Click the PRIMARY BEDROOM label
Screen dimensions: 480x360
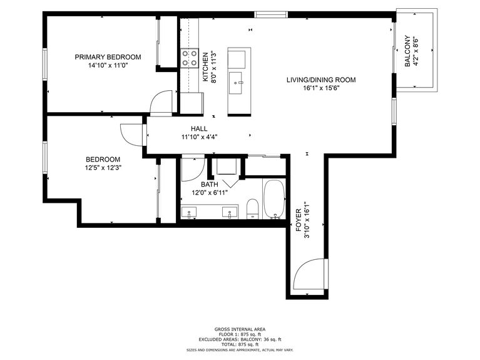point(108,57)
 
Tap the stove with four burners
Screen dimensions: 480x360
point(190,58)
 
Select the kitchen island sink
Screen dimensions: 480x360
point(235,83)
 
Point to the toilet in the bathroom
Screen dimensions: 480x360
point(253,209)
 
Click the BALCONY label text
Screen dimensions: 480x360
point(407,51)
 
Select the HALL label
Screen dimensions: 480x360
point(199,129)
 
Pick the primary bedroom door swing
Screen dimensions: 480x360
point(161,101)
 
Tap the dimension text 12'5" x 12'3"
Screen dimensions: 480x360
point(103,168)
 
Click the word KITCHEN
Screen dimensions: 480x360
point(205,67)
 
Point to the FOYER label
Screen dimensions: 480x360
point(299,220)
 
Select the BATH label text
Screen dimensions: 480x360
point(210,185)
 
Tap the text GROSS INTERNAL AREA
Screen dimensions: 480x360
point(240,329)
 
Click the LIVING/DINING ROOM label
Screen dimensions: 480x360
point(321,80)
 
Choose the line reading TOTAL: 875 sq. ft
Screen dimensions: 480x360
point(240,344)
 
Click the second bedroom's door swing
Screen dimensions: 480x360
point(131,135)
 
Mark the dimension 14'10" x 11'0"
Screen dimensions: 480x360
point(108,65)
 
